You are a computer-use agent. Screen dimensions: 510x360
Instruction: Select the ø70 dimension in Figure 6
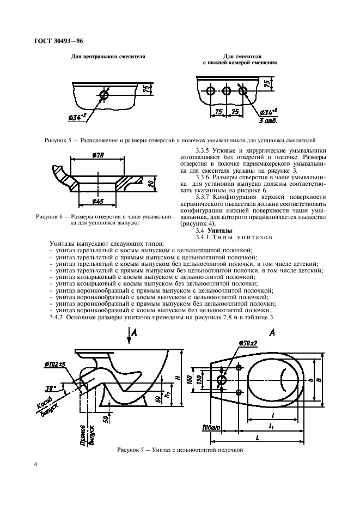click(99, 156)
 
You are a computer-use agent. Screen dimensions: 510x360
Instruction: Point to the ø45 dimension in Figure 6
click(99, 202)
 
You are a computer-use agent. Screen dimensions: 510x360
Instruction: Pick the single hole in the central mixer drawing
click(105, 95)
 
